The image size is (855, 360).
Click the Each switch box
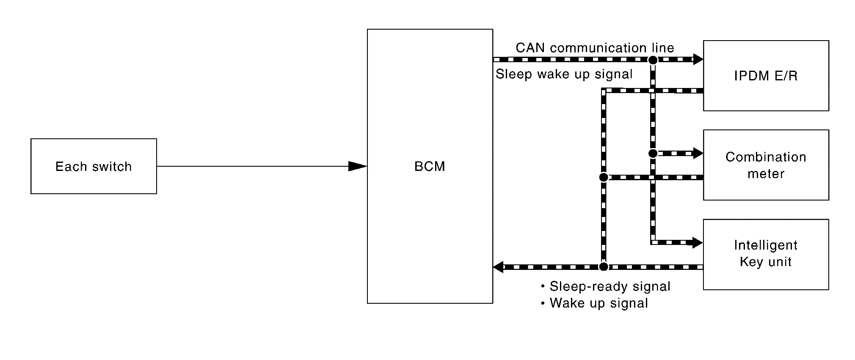pos(94,166)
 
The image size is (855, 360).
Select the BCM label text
pos(430,166)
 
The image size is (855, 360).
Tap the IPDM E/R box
pos(766,76)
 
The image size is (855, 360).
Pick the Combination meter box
pos(766,165)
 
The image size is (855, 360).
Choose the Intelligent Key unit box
pos(766,254)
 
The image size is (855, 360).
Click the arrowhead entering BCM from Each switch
pos(357,166)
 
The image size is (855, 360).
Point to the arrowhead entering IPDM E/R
pos(698,59)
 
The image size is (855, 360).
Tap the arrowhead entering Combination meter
pos(698,153)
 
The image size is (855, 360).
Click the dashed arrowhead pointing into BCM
pos(499,267)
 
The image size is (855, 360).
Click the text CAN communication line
pos(595,48)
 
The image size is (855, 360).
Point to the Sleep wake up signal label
pos(564,74)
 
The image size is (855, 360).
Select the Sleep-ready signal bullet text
pos(610,287)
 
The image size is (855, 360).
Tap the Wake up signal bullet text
pos(598,303)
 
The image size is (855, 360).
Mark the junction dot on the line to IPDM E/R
pos(653,60)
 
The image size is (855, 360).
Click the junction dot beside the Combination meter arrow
pos(653,153)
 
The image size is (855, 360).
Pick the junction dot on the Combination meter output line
pos(604,177)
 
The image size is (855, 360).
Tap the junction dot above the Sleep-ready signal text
pos(604,267)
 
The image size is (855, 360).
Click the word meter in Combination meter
pos(766,174)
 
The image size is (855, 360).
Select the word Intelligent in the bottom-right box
pos(766,245)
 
